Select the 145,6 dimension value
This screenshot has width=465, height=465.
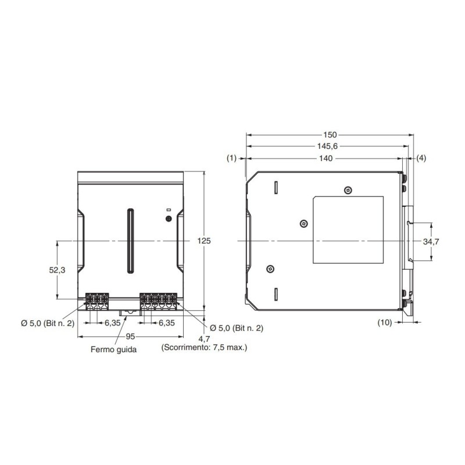tap(329, 146)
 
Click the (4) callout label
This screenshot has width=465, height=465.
tap(421, 158)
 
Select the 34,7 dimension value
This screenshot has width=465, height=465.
tap(431, 241)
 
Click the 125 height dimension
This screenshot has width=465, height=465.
tap(204, 241)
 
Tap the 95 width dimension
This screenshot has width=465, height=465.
tap(131, 337)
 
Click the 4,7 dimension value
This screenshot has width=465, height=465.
tap(204, 338)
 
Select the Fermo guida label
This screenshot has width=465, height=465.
tap(114, 349)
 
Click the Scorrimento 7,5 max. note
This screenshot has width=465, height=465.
tap(203, 348)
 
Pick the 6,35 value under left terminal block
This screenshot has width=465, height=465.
tap(113, 323)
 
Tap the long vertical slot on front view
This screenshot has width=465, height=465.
tap(131, 241)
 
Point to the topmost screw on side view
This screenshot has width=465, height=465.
tap(348, 190)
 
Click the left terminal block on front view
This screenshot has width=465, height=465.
tap(97, 299)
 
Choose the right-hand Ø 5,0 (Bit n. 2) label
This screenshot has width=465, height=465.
tap(236, 328)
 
